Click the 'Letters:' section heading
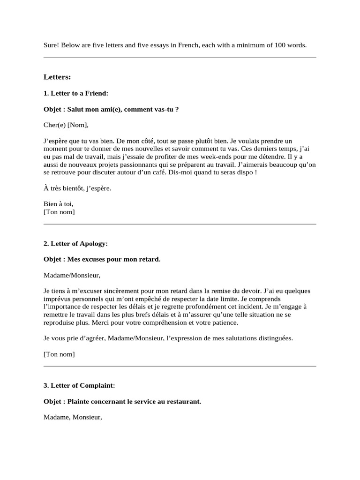point(57,76)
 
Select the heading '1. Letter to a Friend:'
point(76,93)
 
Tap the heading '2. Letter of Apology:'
point(76,244)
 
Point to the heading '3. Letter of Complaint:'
point(79,385)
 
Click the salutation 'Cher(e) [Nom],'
point(66,125)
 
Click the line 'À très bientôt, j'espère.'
point(78,188)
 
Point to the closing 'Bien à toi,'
point(59,204)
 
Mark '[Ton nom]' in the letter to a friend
point(59,212)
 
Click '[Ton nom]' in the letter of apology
point(59,354)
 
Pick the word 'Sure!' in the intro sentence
point(51,45)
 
